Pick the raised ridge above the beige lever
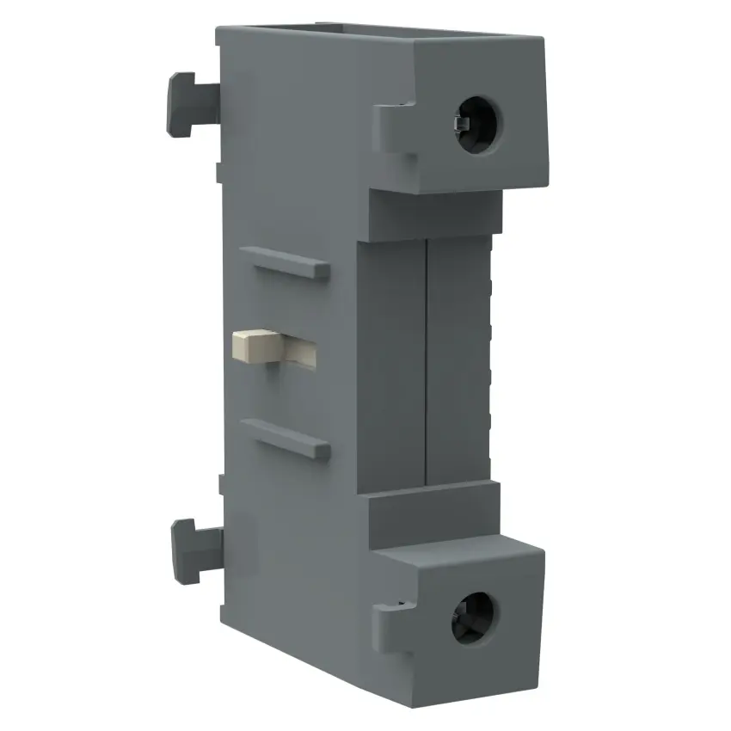tap(284, 262)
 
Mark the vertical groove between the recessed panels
tap(427, 361)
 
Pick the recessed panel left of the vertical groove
tap(391, 361)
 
